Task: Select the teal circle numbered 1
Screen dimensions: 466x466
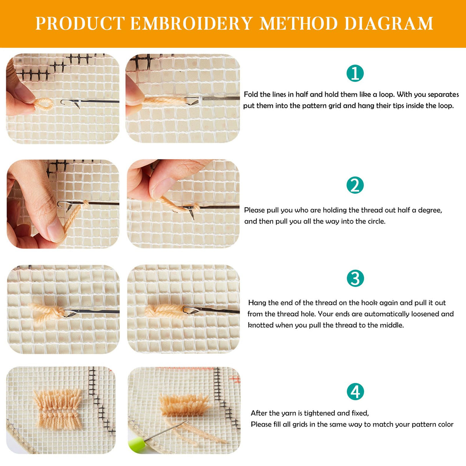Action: click(355, 73)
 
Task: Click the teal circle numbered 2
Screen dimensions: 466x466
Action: click(355, 185)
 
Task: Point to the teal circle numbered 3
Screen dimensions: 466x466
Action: click(355, 278)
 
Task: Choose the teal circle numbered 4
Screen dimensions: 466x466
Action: click(355, 392)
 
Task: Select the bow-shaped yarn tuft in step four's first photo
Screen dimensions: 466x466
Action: click(58, 409)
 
